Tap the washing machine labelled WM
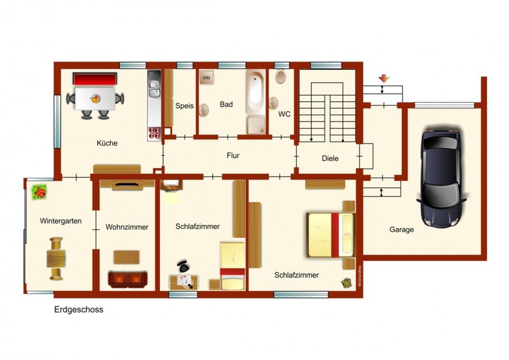(x=206, y=77)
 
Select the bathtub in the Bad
(x=256, y=92)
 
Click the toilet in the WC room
(x=281, y=76)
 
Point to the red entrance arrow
(x=384, y=78)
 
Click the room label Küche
(x=107, y=143)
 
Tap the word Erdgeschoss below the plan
(x=79, y=310)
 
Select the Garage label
(x=402, y=229)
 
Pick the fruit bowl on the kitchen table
(x=95, y=98)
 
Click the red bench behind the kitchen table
(x=95, y=79)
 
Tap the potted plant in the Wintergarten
(x=39, y=192)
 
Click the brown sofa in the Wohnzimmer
(x=128, y=280)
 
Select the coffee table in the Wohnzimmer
(x=127, y=257)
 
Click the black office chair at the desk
(x=184, y=267)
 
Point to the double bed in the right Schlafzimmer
(x=331, y=235)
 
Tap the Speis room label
(x=184, y=106)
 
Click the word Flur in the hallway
(x=233, y=156)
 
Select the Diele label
(x=330, y=158)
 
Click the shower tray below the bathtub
(x=256, y=125)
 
